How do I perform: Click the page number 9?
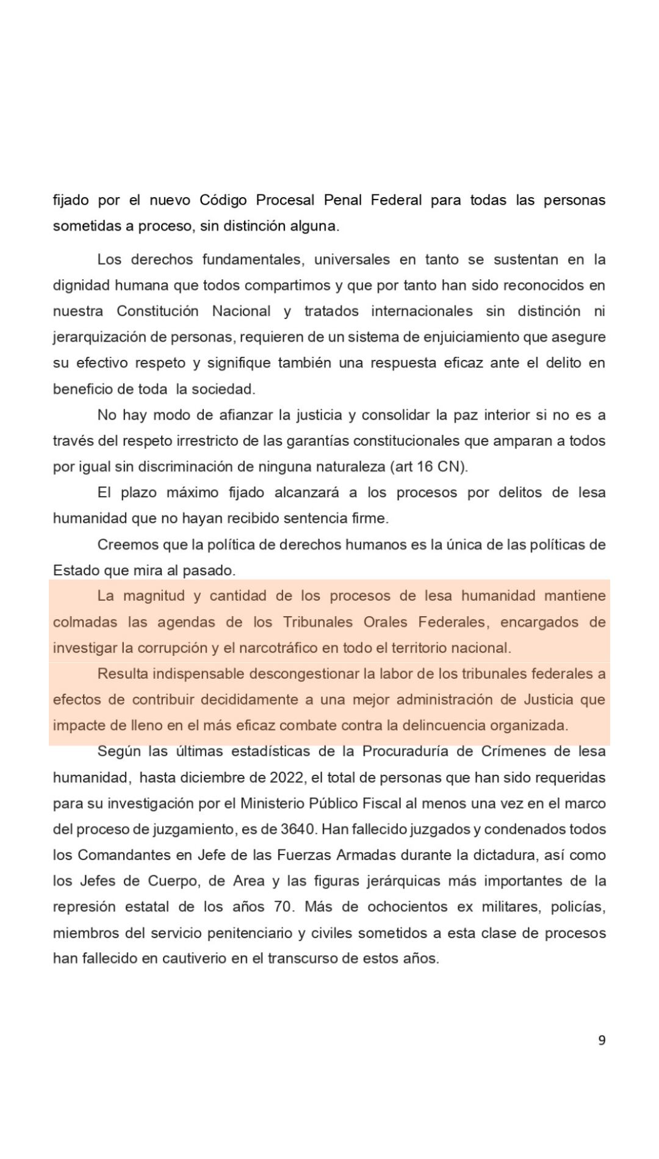[602, 1041]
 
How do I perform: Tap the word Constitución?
[157, 311]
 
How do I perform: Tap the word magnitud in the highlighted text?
[152, 596]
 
